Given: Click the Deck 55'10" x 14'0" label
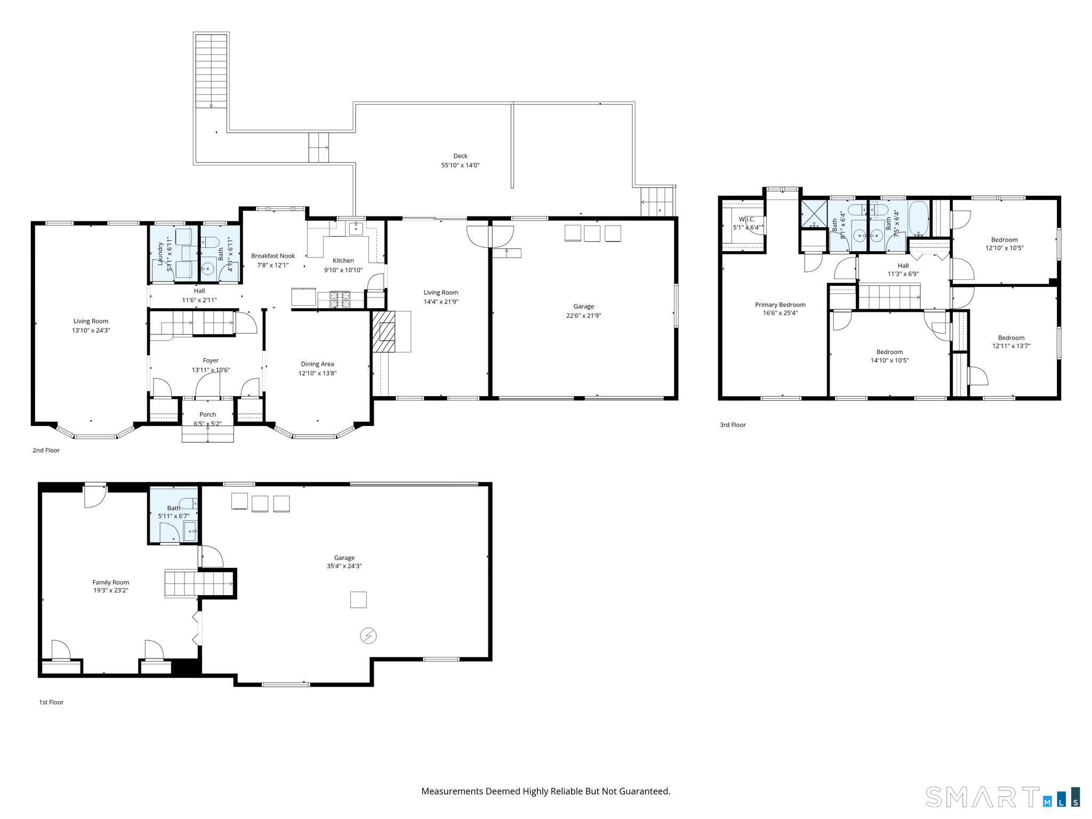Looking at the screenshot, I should coord(460,160).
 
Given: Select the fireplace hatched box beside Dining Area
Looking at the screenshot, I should coord(384,331).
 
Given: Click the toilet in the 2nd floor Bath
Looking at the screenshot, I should coord(212,244).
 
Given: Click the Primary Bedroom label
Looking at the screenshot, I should coord(780,309).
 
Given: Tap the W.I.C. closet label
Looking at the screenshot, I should coord(746,223).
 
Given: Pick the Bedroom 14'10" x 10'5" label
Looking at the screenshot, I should coord(889,356).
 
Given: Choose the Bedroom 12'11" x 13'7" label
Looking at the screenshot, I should coord(1011,341).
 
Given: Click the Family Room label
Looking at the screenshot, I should coord(111,586).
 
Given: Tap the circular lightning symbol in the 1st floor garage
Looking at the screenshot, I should coord(368,636).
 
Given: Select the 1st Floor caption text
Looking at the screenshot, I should coord(51,702).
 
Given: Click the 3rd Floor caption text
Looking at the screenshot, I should coord(733,425).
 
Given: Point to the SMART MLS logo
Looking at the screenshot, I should coord(1002,797).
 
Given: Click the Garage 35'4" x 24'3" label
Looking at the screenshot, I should coord(344,562).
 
